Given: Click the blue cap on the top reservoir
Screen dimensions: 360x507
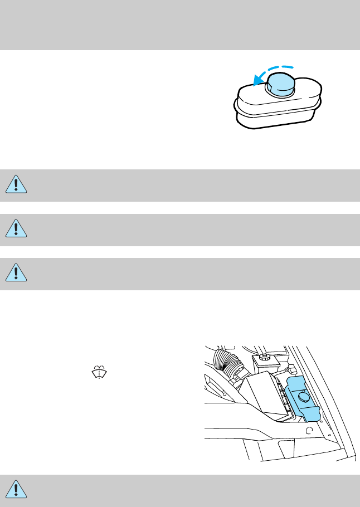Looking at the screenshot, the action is click(280, 85).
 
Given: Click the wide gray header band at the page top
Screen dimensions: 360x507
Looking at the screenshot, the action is click(180, 25).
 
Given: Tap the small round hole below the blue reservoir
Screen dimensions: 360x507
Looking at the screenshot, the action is click(309, 431).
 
